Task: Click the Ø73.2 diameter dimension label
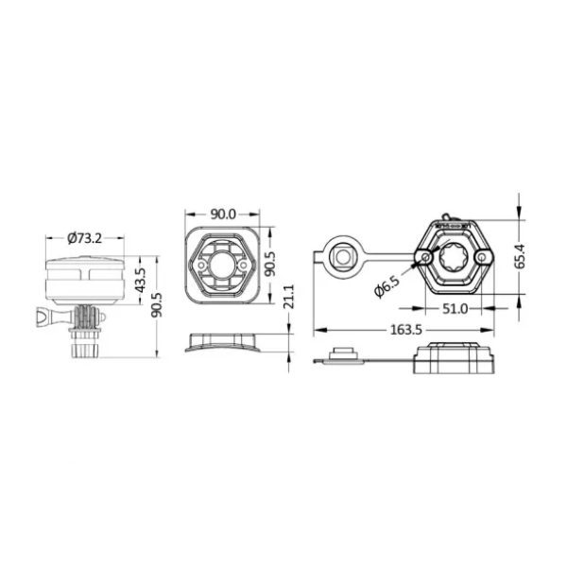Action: click(x=85, y=238)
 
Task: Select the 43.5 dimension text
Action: click(x=140, y=281)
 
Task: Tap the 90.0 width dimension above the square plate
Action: click(x=223, y=215)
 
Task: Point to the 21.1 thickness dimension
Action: click(x=289, y=296)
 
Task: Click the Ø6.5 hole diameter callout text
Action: click(x=387, y=286)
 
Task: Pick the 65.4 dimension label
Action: click(x=521, y=256)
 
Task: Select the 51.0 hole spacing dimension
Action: click(x=455, y=309)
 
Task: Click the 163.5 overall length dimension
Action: click(x=406, y=330)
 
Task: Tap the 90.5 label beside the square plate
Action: click(x=269, y=265)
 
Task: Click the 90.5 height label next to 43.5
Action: click(x=158, y=305)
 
